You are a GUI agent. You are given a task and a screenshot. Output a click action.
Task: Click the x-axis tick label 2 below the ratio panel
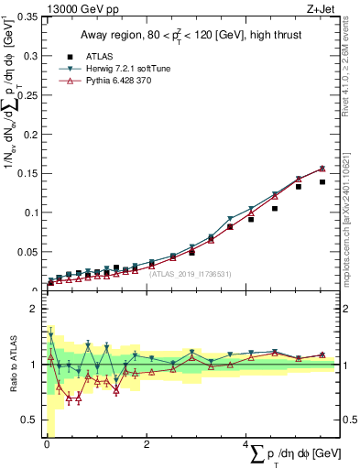(x=147, y=444)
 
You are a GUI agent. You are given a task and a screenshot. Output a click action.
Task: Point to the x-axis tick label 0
(x=47, y=444)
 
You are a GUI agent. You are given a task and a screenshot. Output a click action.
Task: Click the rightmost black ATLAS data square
(x=322, y=181)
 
